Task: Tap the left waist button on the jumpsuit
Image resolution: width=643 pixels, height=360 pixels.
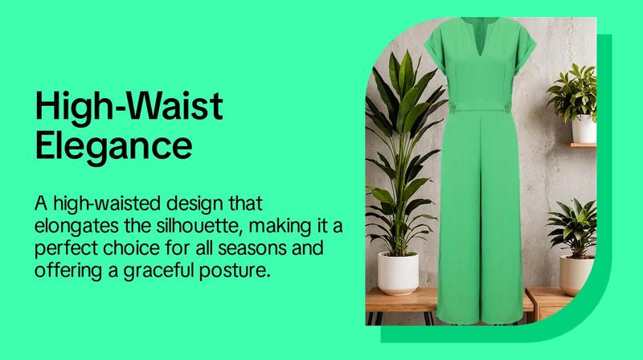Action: click(x=454, y=106)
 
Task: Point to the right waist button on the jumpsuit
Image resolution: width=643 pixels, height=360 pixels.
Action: click(x=507, y=107)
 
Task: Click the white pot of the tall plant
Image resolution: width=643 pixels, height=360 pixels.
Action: click(x=398, y=273)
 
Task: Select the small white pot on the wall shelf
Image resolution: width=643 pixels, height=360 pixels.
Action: click(x=584, y=129)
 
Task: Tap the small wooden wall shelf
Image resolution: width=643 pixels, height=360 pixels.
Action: click(x=581, y=145)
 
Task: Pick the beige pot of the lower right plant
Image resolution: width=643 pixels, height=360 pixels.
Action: click(x=576, y=275)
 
